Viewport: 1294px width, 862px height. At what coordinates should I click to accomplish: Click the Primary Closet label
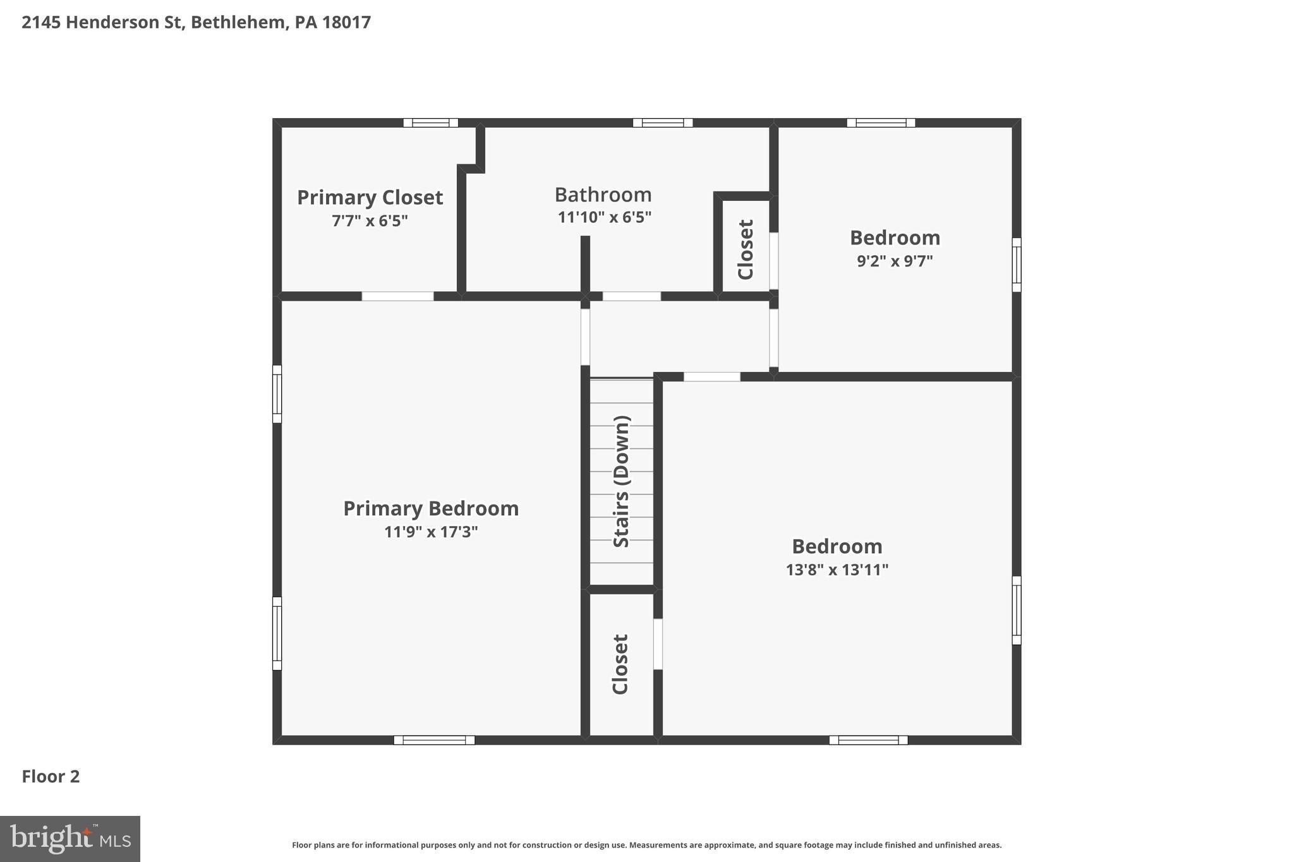coord(370,198)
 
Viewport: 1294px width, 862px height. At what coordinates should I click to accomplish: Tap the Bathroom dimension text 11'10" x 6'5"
coord(604,217)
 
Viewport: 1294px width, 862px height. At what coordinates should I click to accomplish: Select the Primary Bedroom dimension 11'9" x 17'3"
coord(431,532)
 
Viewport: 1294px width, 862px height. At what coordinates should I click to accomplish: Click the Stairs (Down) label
coord(622,481)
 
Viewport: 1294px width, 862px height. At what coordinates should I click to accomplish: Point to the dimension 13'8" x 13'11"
coord(837,570)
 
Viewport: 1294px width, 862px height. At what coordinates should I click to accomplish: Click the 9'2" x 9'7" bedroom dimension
coord(895,261)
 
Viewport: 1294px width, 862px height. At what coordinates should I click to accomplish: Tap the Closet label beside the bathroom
coord(746,249)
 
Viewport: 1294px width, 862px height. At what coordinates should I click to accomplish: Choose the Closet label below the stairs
coord(620,664)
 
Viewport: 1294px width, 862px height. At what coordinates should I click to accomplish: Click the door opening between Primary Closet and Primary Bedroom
coord(397,296)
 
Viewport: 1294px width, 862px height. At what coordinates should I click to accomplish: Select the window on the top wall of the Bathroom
coord(663,123)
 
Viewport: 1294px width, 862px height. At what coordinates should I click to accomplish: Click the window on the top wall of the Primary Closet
coord(431,123)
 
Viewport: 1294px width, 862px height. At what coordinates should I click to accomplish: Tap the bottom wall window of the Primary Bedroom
coord(434,740)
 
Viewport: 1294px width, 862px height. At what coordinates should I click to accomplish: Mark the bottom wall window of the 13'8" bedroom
coord(868,740)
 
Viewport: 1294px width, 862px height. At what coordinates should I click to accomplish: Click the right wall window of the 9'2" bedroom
coord(1016,265)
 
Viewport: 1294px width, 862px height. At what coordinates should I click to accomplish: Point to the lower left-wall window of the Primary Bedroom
coord(277,633)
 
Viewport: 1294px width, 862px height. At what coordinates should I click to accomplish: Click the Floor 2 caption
coord(51,777)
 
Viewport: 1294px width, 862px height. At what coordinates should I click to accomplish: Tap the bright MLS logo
coord(70,839)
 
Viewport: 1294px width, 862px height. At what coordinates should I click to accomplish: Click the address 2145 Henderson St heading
coord(196,22)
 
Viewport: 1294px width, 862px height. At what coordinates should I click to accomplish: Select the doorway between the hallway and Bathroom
coord(631,296)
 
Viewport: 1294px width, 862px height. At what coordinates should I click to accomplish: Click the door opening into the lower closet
coord(658,644)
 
